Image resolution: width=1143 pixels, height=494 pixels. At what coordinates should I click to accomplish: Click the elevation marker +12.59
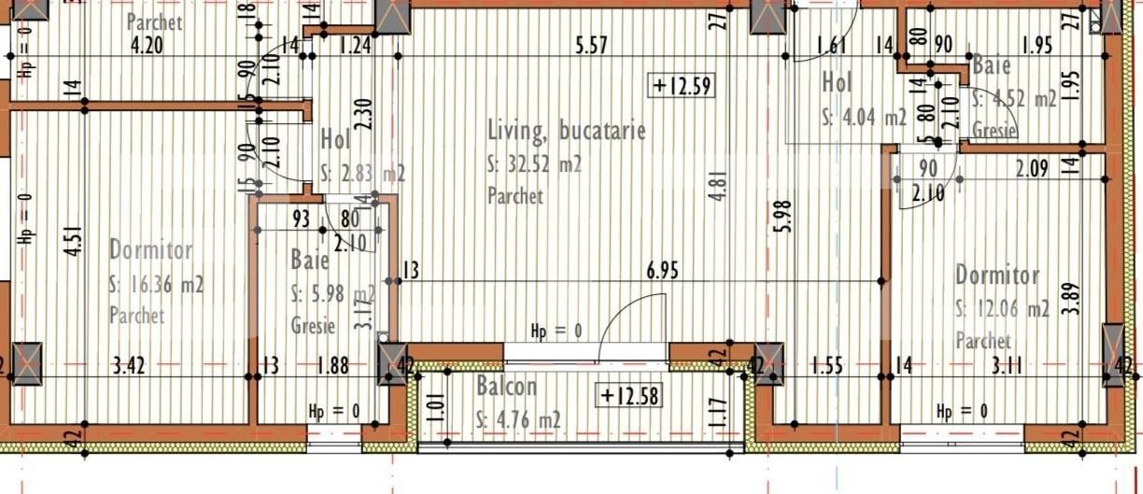(683, 86)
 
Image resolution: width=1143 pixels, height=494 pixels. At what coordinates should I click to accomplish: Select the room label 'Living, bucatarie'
(567, 131)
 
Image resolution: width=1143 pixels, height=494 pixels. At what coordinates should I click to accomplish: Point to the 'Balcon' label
(506, 386)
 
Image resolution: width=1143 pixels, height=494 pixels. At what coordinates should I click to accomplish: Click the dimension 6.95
(662, 271)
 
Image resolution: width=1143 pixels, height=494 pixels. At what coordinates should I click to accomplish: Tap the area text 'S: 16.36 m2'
(157, 284)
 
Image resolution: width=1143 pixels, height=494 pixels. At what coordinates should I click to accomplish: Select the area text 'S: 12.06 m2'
(1002, 308)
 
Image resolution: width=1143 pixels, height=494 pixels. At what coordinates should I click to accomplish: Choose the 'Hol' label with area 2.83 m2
(335, 140)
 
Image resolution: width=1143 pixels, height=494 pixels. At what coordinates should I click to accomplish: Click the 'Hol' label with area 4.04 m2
(837, 82)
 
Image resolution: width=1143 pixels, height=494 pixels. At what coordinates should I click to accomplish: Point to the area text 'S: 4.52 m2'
(1014, 98)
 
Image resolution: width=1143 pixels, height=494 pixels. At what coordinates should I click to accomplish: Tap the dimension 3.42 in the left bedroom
(127, 365)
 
